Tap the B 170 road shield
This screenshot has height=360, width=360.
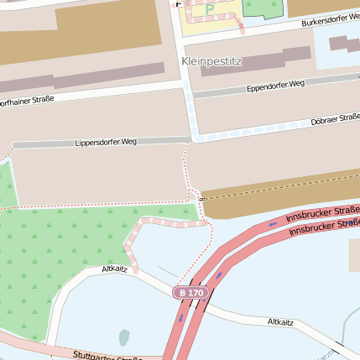click(190, 293)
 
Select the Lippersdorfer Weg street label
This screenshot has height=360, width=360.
click(106, 142)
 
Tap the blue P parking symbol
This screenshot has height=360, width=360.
click(210, 9)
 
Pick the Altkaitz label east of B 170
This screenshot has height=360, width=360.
click(280, 321)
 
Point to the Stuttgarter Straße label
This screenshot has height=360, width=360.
click(105, 356)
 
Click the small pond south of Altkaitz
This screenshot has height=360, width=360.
click(124, 337)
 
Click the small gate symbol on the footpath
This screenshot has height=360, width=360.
click(202, 198)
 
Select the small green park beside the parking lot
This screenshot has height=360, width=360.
click(263, 8)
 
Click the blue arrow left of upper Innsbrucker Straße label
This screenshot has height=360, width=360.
click(273, 224)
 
